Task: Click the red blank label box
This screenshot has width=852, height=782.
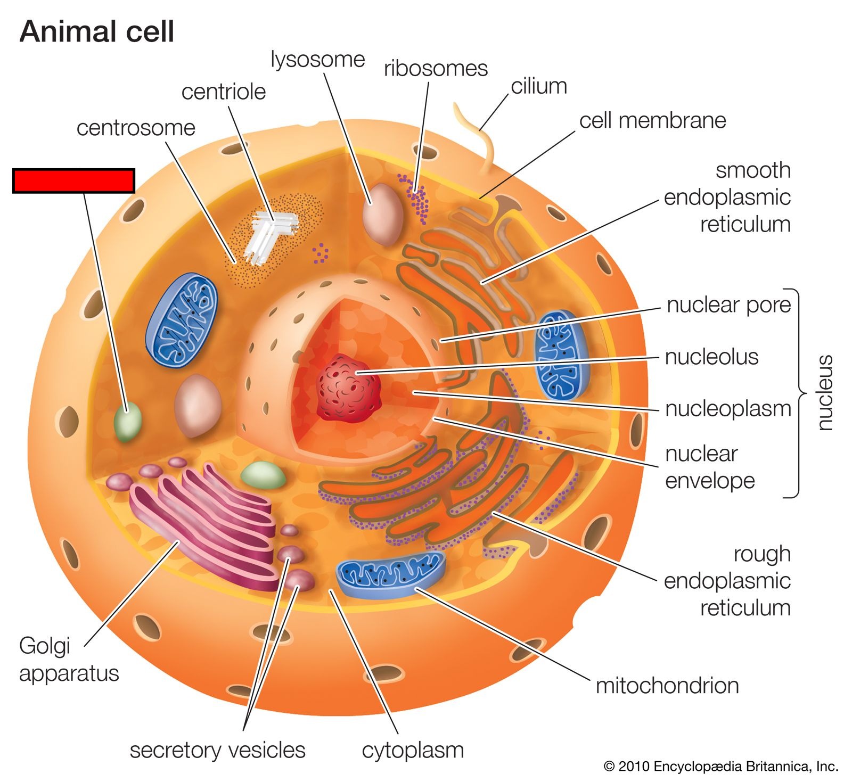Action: [73, 180]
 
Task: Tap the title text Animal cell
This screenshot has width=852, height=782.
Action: [97, 31]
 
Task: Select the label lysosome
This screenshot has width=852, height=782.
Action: [318, 60]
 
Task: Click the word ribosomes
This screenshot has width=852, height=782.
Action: [436, 68]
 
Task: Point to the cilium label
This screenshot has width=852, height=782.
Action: [539, 86]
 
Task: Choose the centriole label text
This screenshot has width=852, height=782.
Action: [224, 92]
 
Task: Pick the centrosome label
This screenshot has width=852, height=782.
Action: [136, 128]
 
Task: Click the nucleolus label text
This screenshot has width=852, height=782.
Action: [711, 357]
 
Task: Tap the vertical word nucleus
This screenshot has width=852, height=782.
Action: [824, 393]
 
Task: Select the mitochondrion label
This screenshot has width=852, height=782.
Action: [667, 686]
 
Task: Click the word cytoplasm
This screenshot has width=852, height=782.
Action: [413, 751]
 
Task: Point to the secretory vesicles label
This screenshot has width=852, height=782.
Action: [217, 750]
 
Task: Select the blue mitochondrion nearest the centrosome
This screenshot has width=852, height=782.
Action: [182, 319]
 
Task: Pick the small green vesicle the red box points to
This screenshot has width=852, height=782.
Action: [128, 422]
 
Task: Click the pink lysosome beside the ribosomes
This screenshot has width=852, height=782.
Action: [383, 214]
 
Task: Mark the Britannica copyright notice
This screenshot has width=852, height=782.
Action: [721, 767]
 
